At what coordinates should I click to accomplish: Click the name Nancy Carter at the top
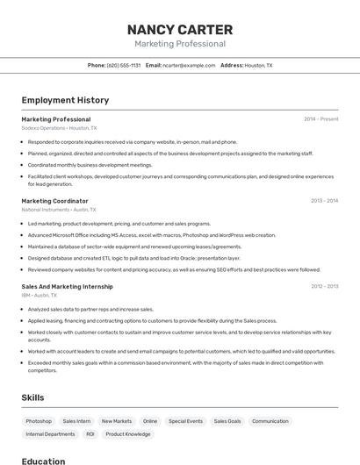[x=180, y=29]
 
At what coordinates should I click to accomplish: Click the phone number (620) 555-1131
[x=124, y=65]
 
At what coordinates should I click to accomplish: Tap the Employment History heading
[x=65, y=100]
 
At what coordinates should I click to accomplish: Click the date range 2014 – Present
[x=320, y=119]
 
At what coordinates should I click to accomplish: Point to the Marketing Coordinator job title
[x=54, y=201]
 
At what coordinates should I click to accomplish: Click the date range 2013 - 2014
[x=324, y=201]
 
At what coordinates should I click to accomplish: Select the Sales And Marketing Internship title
[x=67, y=287]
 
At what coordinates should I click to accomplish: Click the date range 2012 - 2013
[x=324, y=287]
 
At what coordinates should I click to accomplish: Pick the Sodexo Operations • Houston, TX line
[x=59, y=128]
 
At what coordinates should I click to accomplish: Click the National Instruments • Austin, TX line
[x=59, y=210]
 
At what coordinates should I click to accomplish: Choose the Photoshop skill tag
[x=39, y=421]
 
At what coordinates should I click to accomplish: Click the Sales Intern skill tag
[x=76, y=421]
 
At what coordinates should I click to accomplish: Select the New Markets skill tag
[x=116, y=421]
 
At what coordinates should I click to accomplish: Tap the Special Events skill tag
[x=185, y=421]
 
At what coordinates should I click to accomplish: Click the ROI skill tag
[x=90, y=434]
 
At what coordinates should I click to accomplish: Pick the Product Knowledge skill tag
[x=128, y=434]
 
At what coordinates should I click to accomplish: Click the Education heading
[x=43, y=461]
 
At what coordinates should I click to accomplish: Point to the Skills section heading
[x=32, y=397]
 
